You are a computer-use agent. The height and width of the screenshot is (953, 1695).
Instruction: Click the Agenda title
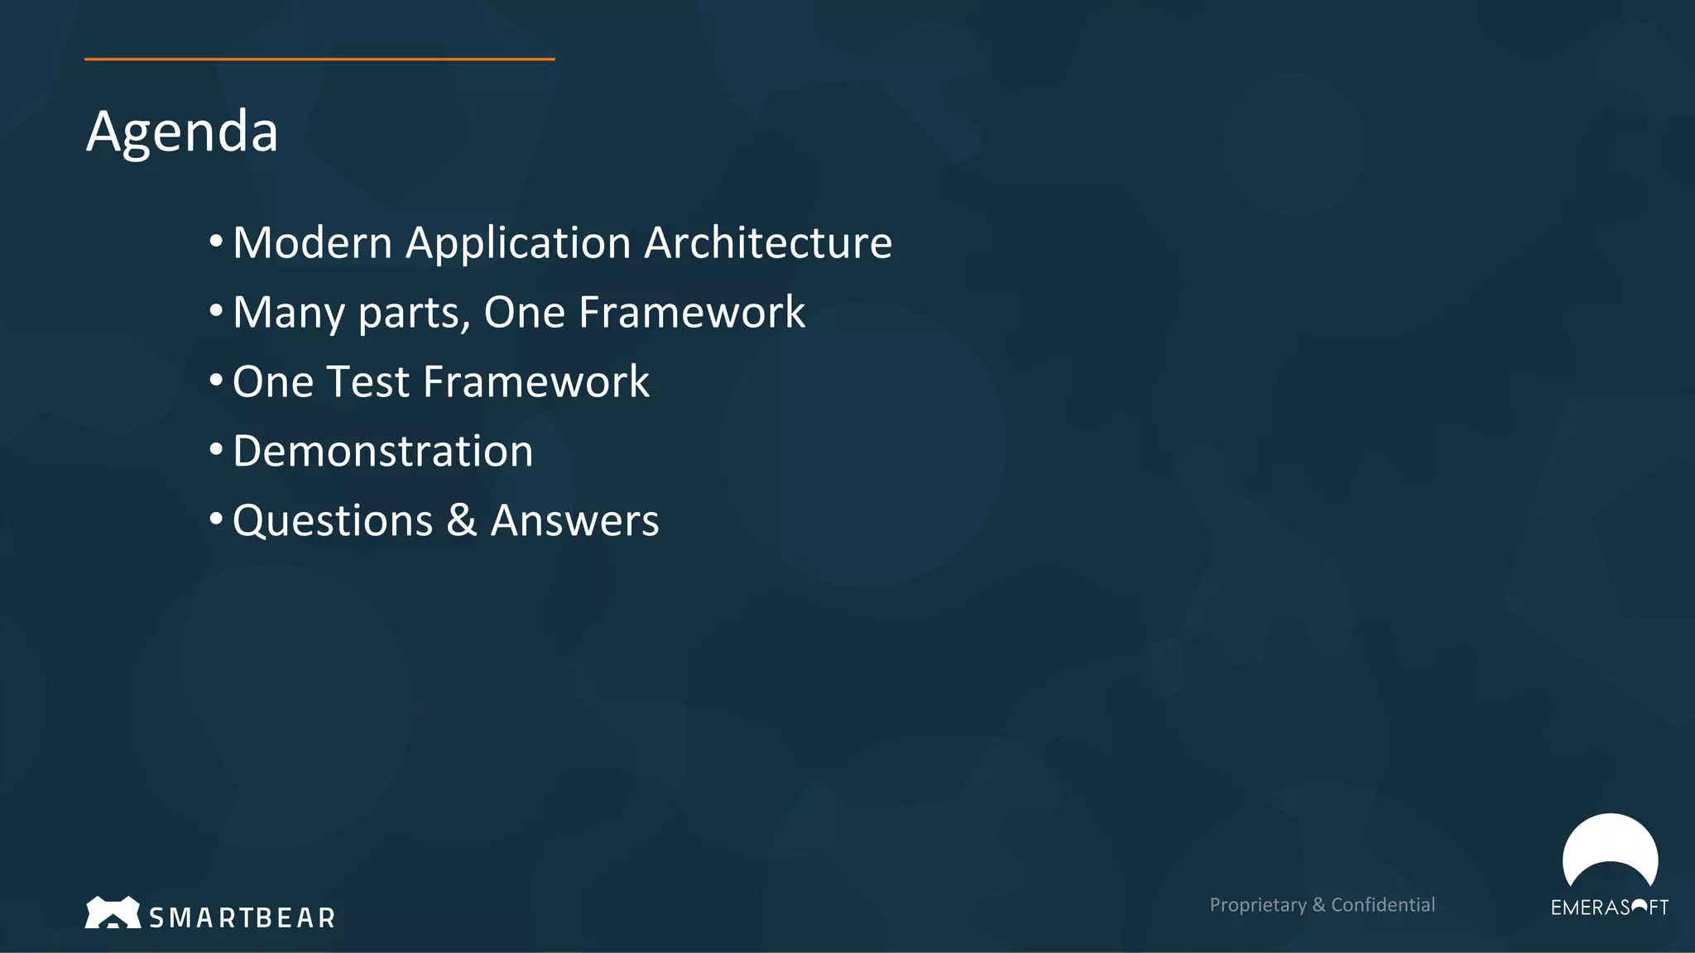click(x=182, y=132)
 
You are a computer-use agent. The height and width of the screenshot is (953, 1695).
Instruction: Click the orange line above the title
click(x=319, y=59)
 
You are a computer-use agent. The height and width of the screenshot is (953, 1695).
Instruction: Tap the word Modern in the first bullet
click(x=312, y=243)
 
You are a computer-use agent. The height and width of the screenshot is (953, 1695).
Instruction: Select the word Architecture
click(x=768, y=243)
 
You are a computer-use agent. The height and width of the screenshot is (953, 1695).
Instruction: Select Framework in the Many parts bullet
click(x=691, y=313)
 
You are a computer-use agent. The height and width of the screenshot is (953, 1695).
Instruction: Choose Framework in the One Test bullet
click(x=535, y=382)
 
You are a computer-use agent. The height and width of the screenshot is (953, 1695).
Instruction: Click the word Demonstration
click(x=382, y=452)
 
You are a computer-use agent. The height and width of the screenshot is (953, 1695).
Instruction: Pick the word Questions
click(x=333, y=522)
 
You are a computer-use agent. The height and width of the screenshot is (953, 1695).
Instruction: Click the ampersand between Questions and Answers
click(x=462, y=521)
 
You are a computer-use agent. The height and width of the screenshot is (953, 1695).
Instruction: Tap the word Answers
click(x=574, y=521)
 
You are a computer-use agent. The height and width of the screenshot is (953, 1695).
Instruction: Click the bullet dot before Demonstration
click(x=216, y=450)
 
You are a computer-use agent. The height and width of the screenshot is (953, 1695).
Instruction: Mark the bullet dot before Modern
click(x=216, y=242)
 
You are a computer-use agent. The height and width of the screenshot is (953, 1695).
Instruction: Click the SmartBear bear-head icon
click(x=113, y=912)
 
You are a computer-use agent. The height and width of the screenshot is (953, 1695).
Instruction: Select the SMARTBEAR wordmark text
click(x=242, y=917)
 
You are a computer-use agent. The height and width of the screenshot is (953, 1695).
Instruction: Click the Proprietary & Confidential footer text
click(x=1322, y=905)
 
